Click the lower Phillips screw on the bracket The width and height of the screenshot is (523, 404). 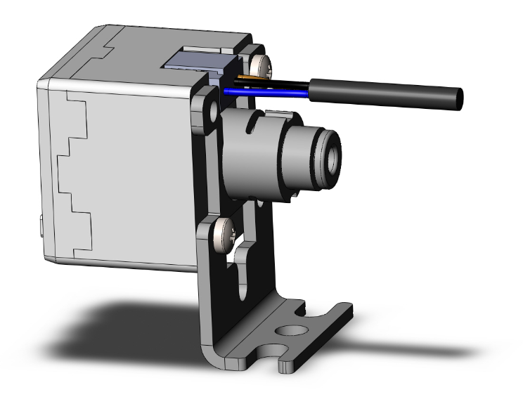(225, 229)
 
